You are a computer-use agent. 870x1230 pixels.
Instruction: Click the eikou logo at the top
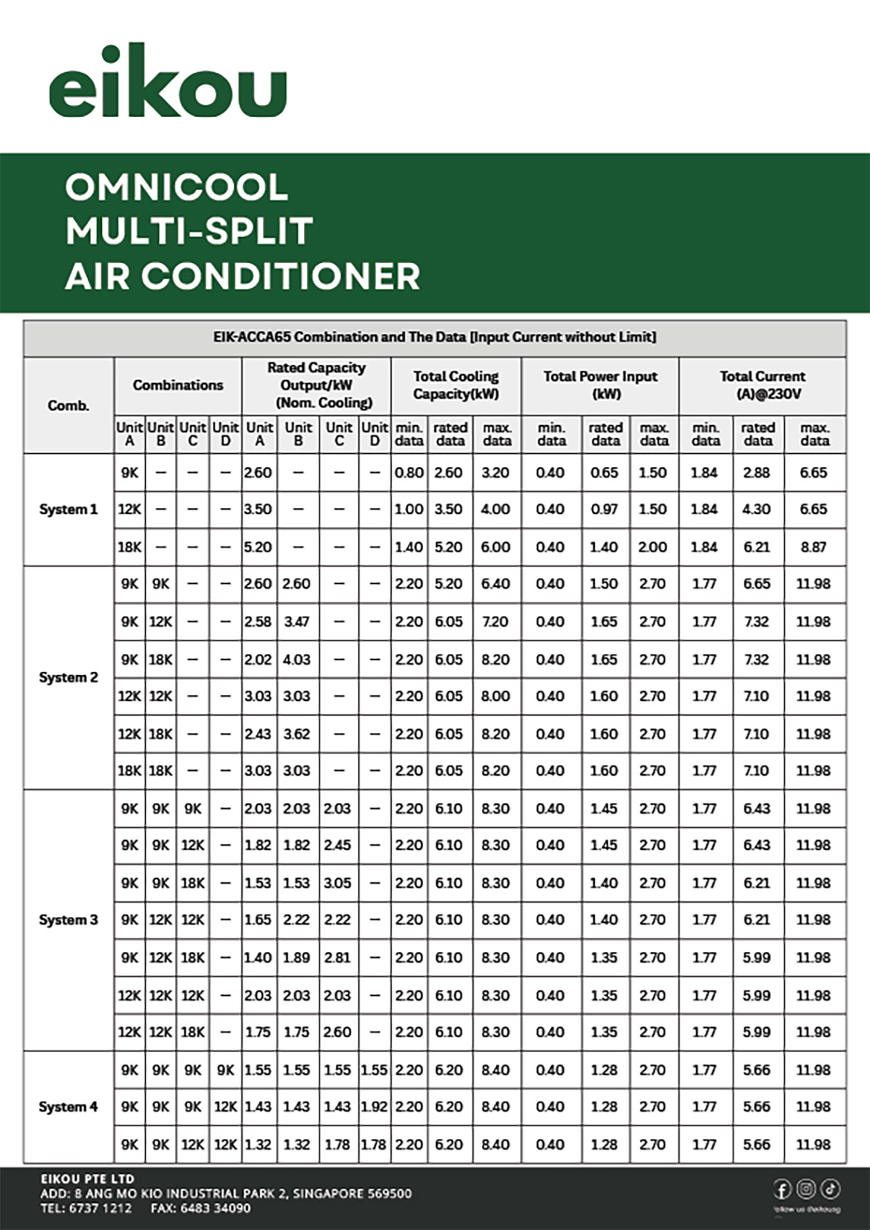168,83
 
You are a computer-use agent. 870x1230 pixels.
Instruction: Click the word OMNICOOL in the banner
177,187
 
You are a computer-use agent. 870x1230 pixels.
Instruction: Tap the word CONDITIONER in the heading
281,276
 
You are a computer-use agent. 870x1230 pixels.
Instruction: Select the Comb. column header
68,405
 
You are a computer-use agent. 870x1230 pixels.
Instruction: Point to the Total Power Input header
600,385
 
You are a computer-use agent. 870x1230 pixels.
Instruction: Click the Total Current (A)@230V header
762,385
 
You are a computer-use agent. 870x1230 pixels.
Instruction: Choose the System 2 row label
68,677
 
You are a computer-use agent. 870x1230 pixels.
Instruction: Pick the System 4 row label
68,1106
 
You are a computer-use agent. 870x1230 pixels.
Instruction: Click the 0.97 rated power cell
604,509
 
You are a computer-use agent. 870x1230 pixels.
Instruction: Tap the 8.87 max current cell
814,547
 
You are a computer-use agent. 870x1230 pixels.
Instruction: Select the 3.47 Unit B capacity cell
297,621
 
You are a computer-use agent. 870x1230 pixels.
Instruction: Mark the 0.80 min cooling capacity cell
409,472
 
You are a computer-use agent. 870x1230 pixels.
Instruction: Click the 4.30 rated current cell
756,509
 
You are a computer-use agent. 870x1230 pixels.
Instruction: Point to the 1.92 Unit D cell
374,1106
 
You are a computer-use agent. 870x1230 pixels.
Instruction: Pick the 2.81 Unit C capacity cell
337,958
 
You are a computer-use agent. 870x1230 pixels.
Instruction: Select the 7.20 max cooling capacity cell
495,621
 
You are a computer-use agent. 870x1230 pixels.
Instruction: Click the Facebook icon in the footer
782,1189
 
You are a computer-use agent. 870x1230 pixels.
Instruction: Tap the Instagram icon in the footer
806,1189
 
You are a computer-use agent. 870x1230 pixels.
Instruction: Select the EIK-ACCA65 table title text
434,337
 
